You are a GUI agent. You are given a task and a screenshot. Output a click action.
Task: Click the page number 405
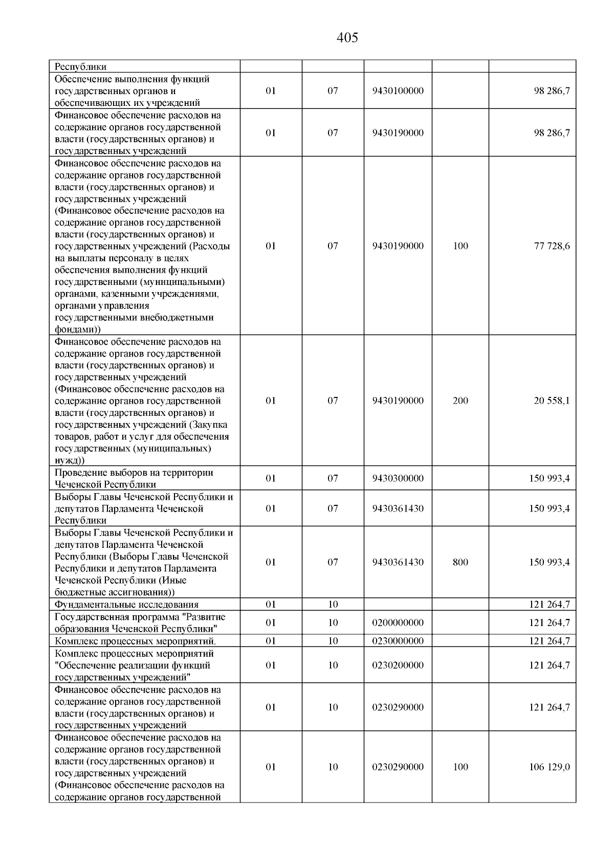click(x=347, y=38)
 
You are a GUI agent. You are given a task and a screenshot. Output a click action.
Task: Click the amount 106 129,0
click(x=550, y=767)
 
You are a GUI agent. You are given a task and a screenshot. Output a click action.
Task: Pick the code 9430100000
click(x=398, y=91)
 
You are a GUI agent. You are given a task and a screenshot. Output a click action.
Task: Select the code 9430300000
click(x=398, y=478)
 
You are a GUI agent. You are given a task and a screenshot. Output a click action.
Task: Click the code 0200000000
click(x=398, y=622)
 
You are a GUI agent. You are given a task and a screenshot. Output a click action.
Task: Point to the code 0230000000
click(x=398, y=641)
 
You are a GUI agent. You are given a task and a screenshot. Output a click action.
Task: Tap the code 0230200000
click(x=398, y=665)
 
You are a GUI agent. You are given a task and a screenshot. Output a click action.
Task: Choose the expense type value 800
click(x=460, y=562)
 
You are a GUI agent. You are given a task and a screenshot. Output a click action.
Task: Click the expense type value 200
click(x=460, y=400)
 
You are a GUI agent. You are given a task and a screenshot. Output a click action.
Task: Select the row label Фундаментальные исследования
click(x=126, y=605)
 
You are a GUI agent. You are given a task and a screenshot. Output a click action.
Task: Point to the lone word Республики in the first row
click(x=80, y=66)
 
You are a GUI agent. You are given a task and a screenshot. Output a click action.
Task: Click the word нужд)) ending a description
click(x=70, y=460)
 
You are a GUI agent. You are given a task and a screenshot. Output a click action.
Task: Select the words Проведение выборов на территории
click(x=134, y=473)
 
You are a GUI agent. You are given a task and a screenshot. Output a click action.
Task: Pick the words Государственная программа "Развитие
click(x=140, y=617)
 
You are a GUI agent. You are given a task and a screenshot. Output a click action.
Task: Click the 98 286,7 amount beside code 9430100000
click(x=552, y=91)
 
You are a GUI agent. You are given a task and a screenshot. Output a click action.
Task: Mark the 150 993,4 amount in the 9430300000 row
click(x=550, y=478)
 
